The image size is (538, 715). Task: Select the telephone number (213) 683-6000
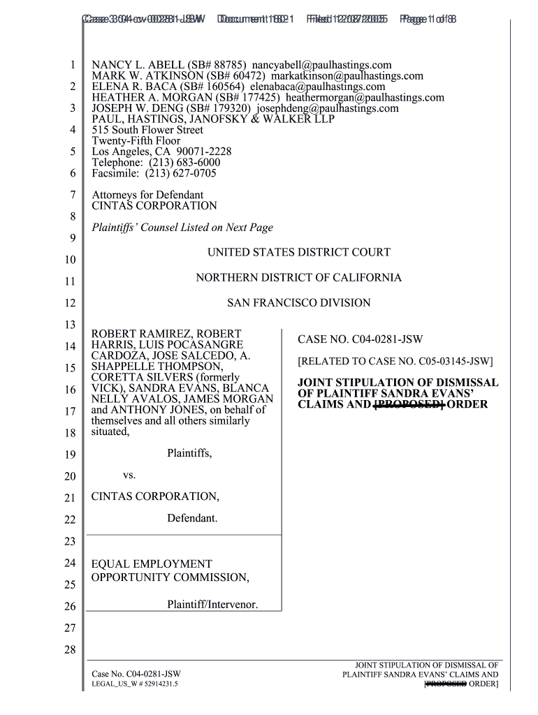(x=181, y=162)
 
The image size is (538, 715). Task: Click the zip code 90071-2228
(x=205, y=152)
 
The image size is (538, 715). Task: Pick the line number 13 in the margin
(x=69, y=325)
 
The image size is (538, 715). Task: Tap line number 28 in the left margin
(x=69, y=651)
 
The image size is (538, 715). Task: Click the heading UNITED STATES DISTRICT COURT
(x=299, y=252)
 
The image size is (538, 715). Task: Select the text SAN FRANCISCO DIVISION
(x=299, y=303)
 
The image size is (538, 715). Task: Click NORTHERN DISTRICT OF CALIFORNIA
(x=299, y=278)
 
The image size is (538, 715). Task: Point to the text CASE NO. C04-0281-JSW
(x=360, y=340)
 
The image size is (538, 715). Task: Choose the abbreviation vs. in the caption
(x=129, y=476)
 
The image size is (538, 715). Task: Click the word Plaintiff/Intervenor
(x=212, y=605)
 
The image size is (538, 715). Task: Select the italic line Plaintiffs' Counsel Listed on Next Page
(x=182, y=228)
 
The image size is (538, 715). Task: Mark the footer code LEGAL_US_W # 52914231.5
(x=135, y=685)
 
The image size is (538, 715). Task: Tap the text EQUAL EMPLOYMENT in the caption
(x=152, y=563)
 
